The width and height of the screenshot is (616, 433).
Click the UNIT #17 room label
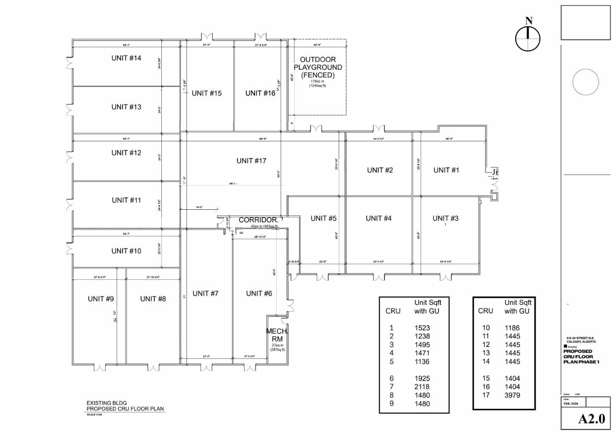[x=251, y=161]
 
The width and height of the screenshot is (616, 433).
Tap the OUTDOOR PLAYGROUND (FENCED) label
[x=318, y=67]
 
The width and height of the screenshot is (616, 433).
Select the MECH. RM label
[x=277, y=335]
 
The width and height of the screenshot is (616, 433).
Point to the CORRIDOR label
[x=258, y=220]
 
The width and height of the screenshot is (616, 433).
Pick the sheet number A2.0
[x=591, y=419]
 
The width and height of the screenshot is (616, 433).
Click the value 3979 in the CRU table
[x=512, y=395]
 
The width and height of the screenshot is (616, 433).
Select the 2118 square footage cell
[x=422, y=386]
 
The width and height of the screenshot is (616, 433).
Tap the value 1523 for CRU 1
[x=422, y=328]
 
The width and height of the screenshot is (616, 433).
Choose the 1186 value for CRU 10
[x=512, y=328]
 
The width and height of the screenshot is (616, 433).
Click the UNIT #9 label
[x=101, y=299]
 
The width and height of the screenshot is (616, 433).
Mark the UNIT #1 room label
[x=446, y=170]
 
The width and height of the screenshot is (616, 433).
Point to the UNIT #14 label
[x=126, y=58]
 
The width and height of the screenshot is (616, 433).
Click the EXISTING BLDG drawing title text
[x=106, y=403]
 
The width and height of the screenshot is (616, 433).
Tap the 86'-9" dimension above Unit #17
[x=263, y=139]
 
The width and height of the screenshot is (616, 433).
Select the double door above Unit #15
[x=207, y=37]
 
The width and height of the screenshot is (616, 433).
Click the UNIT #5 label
[x=323, y=218]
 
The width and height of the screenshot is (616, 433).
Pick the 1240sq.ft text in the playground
[x=317, y=86]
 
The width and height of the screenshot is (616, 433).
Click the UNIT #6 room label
[x=259, y=293]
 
